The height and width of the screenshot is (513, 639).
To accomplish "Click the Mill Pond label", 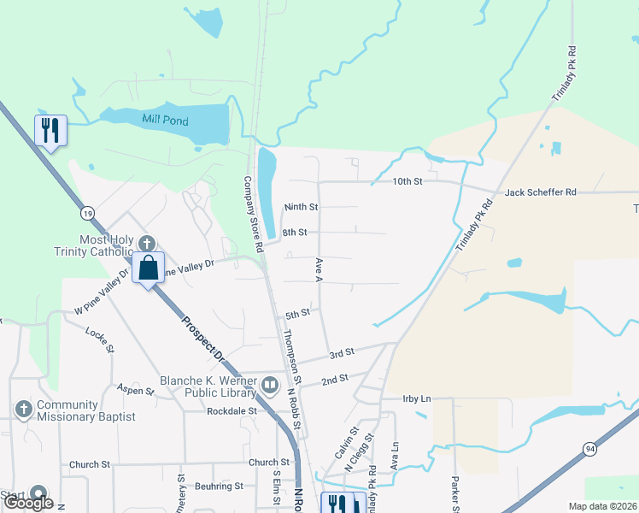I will [167, 121].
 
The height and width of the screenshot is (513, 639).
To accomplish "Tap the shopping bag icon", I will [148, 267].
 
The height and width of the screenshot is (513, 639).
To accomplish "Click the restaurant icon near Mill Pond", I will [50, 130].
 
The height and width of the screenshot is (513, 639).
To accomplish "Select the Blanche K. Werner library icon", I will [270, 386].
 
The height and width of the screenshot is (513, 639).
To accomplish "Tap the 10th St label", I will [407, 181].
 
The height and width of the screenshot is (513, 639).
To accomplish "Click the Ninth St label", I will [301, 207].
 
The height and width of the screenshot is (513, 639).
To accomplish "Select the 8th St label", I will [294, 232].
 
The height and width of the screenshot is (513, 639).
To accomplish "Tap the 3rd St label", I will [342, 353].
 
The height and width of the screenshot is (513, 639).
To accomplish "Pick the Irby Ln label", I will [418, 398].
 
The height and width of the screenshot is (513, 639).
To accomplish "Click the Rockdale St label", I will [232, 410].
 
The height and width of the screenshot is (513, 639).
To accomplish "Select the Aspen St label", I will [135, 391].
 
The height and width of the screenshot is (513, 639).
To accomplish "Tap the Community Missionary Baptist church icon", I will [24, 410].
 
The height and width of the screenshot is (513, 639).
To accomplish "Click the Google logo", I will [28, 503].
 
